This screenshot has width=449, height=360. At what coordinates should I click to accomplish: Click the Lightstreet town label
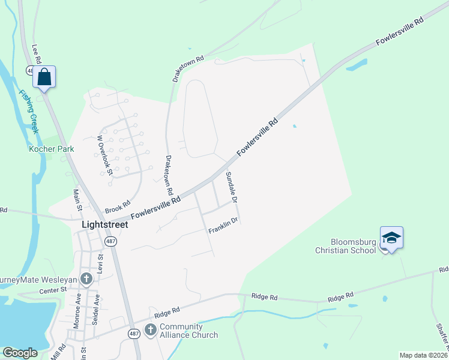click(x=104, y=224)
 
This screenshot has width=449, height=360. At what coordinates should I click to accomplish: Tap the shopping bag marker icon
click(x=44, y=77)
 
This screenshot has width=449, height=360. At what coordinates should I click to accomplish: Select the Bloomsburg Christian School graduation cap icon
click(x=391, y=238)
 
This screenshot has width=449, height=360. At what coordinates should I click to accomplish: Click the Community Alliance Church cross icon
click(x=150, y=329)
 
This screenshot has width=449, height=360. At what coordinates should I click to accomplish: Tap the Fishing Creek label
click(x=28, y=112)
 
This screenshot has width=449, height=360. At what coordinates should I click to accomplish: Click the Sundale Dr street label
click(x=232, y=187)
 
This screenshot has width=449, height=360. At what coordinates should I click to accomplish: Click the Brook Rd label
click(x=118, y=207)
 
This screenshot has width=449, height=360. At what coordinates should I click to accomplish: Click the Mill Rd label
click(x=58, y=352)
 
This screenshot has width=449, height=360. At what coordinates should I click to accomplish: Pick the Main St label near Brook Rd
click(x=77, y=200)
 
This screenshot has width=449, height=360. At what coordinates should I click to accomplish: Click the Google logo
click(x=20, y=353)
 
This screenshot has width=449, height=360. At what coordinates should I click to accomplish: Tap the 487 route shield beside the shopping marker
click(x=30, y=70)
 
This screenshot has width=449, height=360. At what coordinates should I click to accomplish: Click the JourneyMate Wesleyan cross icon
click(x=86, y=278)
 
